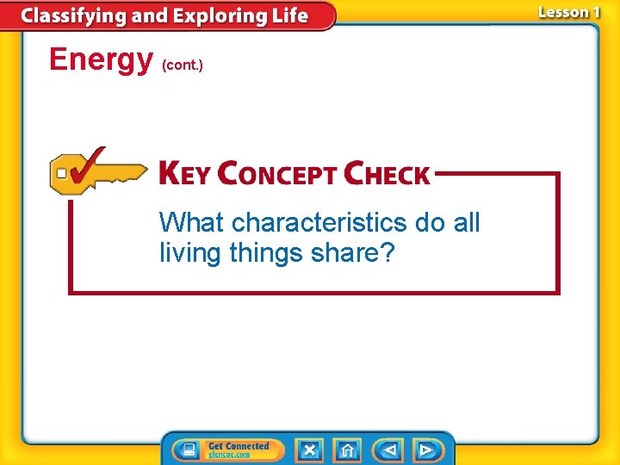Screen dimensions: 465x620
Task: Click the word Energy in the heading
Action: click(100, 60)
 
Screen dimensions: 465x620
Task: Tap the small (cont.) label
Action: click(183, 65)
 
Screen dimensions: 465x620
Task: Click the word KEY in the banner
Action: click(185, 174)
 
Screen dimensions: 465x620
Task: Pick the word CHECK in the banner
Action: click(387, 174)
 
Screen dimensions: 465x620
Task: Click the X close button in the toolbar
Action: click(309, 449)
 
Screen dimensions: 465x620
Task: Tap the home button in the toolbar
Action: click(347, 449)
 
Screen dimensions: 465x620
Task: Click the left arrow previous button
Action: click(389, 449)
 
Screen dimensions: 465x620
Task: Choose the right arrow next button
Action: click(426, 449)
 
